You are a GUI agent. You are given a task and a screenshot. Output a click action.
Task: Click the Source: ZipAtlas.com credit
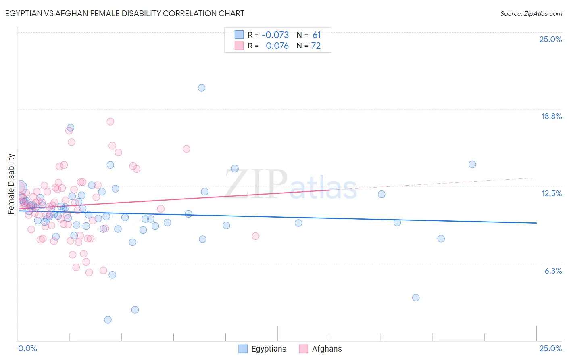click(531, 13)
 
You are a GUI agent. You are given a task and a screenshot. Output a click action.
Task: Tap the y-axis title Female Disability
click(11, 184)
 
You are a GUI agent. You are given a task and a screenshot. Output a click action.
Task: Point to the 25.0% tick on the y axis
click(550, 39)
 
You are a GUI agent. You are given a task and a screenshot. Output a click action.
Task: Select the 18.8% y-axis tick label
click(551, 116)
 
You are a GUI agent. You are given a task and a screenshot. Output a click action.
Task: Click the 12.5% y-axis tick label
click(551, 193)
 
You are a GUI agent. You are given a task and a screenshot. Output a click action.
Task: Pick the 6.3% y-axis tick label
click(553, 271)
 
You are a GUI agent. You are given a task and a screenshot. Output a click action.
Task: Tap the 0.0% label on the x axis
click(28, 348)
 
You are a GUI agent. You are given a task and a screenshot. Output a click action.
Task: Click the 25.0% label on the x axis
click(550, 348)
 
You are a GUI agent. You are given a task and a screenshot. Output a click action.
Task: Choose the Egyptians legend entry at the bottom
click(263, 349)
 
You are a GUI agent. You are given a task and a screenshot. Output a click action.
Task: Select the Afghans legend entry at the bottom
click(321, 349)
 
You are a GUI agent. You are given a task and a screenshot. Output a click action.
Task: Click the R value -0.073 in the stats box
click(275, 35)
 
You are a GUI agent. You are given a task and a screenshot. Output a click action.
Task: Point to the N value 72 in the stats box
click(316, 46)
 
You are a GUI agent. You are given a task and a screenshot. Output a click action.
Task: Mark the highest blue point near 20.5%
click(202, 88)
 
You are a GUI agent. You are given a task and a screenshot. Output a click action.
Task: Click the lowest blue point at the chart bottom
click(108, 320)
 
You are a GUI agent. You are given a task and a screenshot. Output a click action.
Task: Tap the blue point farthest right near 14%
click(472, 164)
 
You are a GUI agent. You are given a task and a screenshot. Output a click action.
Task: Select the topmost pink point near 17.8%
click(110, 121)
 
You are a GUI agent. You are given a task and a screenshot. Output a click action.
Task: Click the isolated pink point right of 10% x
click(255, 236)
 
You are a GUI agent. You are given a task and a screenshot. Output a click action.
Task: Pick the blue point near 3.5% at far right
click(416, 297)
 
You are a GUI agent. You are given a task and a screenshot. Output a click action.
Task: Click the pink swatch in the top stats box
click(239, 46)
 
